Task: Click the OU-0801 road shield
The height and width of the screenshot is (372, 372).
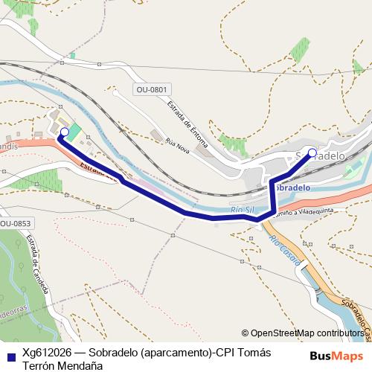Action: [x=152, y=90]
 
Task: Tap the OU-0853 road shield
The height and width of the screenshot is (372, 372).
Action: [x=16, y=223]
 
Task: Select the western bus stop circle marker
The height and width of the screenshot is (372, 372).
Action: [x=64, y=132]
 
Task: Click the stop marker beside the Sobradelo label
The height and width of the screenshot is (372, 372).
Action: [x=312, y=153]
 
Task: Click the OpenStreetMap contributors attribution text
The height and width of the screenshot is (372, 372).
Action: [x=306, y=333]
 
